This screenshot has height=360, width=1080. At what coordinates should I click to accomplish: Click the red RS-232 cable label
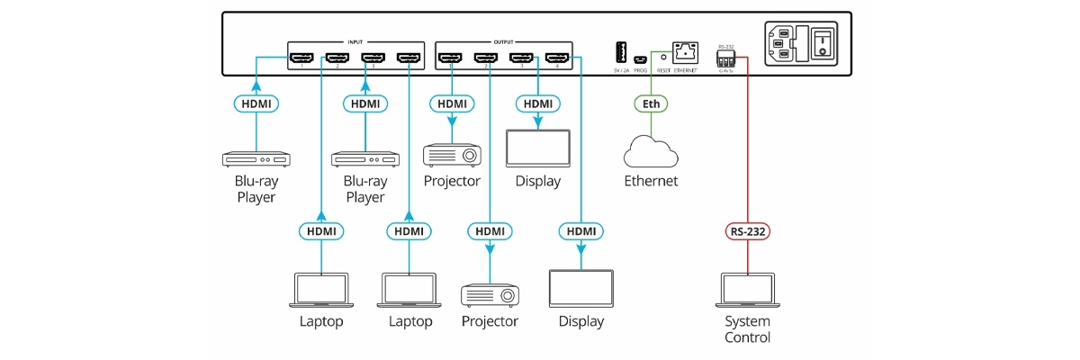(x=748, y=231)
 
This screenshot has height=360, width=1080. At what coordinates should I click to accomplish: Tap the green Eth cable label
(x=651, y=103)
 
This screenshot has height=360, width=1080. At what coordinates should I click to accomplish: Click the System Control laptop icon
(x=748, y=291)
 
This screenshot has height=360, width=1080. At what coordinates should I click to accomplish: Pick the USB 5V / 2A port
(x=621, y=52)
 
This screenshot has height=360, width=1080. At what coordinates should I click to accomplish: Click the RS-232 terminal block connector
(x=725, y=58)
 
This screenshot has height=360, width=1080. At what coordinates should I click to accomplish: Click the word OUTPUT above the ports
(x=504, y=41)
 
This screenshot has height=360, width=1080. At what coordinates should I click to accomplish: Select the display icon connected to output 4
(x=580, y=289)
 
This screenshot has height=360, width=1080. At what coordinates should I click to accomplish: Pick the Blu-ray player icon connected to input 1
(x=256, y=159)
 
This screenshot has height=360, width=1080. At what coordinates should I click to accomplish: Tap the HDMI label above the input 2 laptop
(x=321, y=231)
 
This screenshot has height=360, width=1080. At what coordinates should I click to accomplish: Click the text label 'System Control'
(x=748, y=329)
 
